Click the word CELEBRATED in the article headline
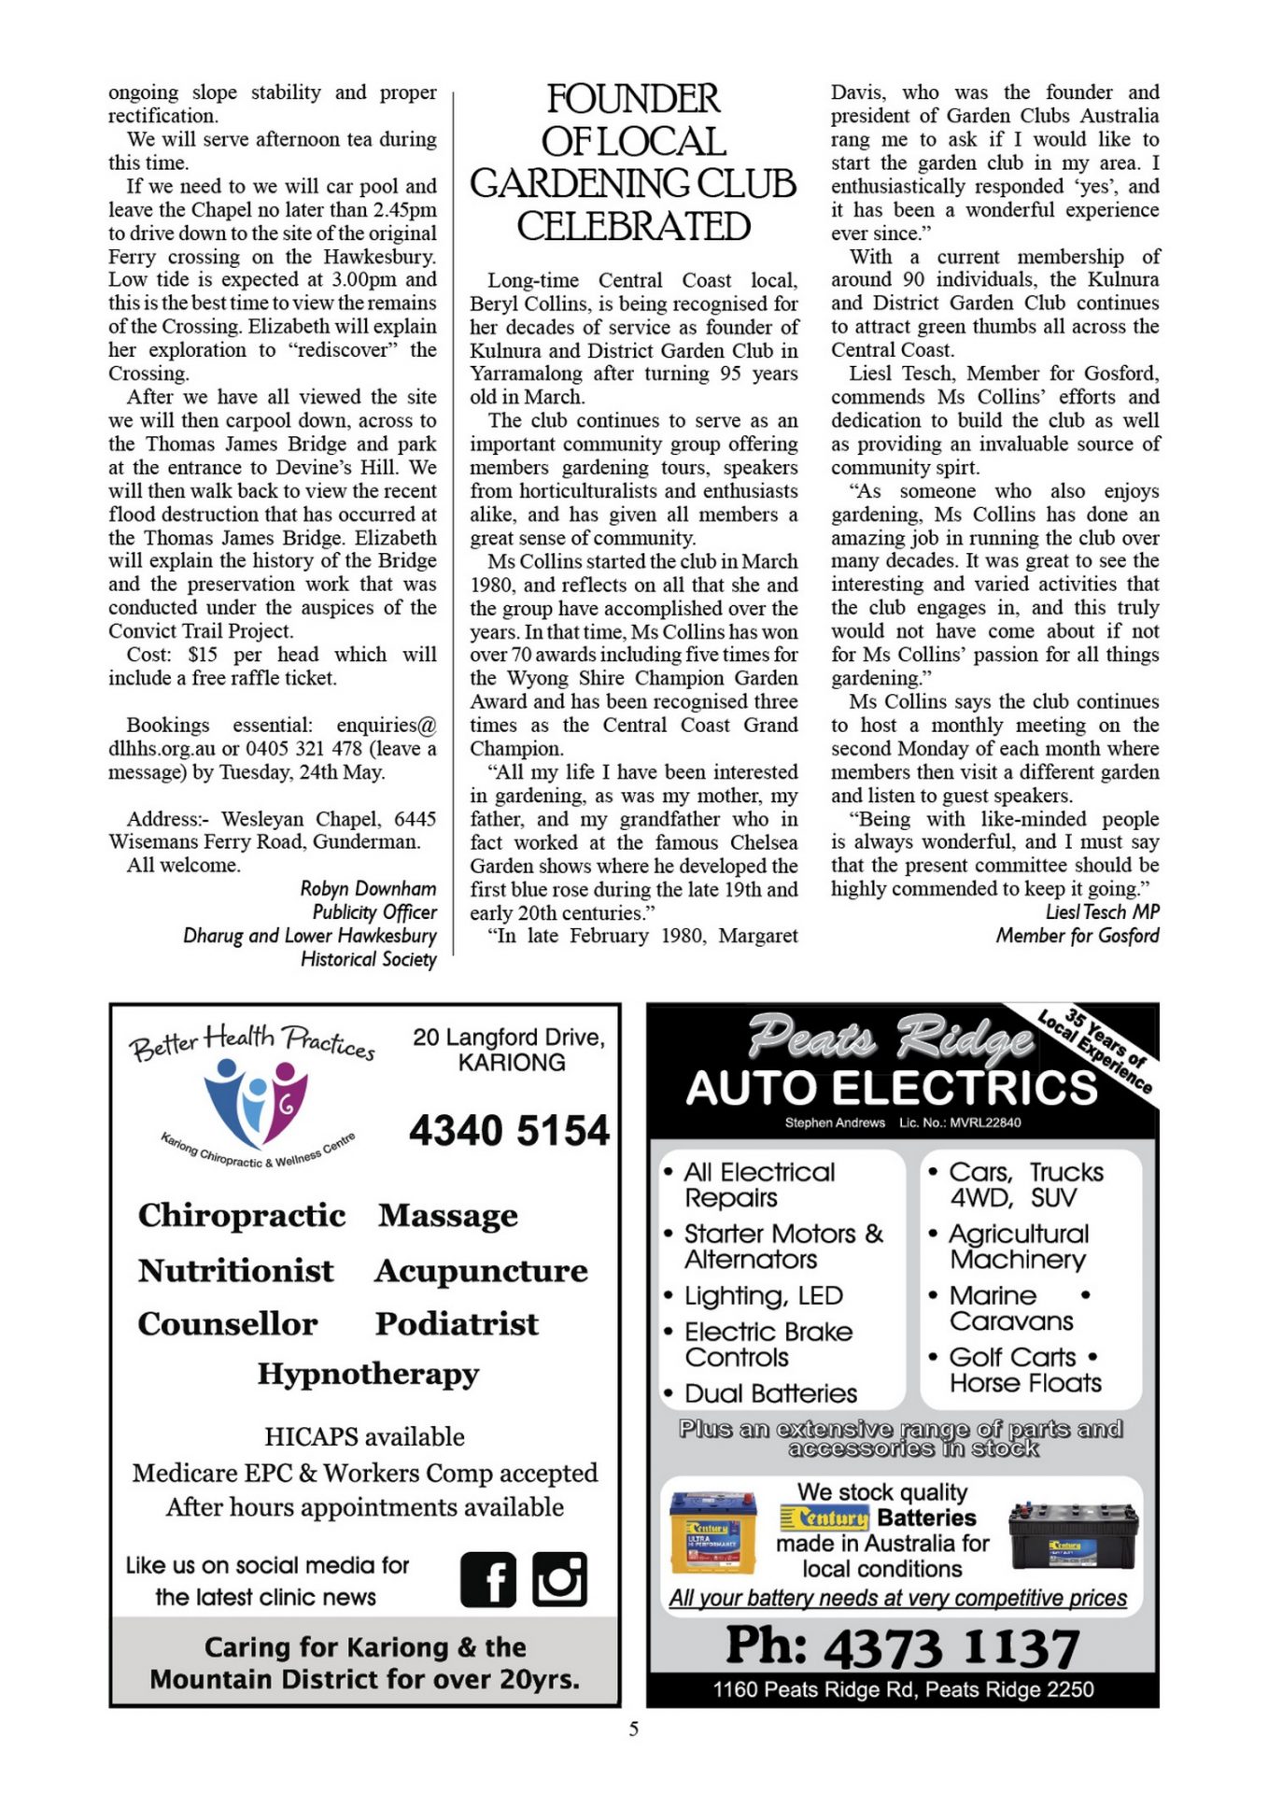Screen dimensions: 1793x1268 (633, 227)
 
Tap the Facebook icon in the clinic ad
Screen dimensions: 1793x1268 (487, 1580)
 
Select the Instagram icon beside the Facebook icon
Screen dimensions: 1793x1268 (559, 1579)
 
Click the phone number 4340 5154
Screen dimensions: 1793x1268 (509, 1131)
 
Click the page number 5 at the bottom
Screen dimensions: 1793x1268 (633, 1729)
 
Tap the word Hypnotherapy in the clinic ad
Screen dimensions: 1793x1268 (368, 1375)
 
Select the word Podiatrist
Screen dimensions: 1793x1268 (457, 1323)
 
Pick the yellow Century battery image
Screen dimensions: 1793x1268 (713, 1532)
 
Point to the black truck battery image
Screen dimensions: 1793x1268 (1073, 1536)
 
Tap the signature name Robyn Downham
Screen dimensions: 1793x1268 (368, 888)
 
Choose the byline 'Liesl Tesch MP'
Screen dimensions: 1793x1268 (1102, 912)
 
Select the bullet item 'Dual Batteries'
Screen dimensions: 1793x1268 (770, 1393)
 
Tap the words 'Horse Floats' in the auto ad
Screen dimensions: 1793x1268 (1025, 1383)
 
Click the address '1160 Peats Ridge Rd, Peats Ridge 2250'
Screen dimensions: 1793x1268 (902, 1689)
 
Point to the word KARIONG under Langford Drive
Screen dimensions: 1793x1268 (511, 1063)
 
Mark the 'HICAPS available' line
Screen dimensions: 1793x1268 (364, 1436)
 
